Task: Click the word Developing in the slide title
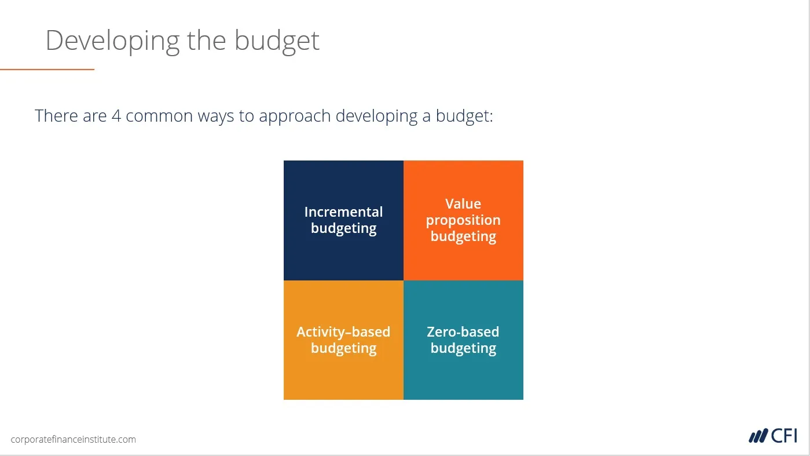(112, 41)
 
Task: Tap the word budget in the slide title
(277, 41)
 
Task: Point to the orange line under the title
(47, 69)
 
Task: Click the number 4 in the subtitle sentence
(116, 116)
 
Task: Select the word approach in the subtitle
(295, 116)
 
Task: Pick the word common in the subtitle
(159, 116)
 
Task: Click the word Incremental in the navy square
(343, 211)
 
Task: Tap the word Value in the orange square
(463, 204)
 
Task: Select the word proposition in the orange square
(463, 220)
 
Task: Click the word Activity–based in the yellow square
(343, 332)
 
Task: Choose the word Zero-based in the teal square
(463, 332)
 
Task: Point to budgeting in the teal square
(463, 348)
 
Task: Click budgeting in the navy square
(343, 229)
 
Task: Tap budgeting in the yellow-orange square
(343, 348)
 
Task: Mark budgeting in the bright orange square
(463, 236)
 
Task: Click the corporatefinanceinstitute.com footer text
(74, 439)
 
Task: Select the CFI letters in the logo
(784, 436)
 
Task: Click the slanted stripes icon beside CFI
(758, 436)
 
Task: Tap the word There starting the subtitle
(56, 116)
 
